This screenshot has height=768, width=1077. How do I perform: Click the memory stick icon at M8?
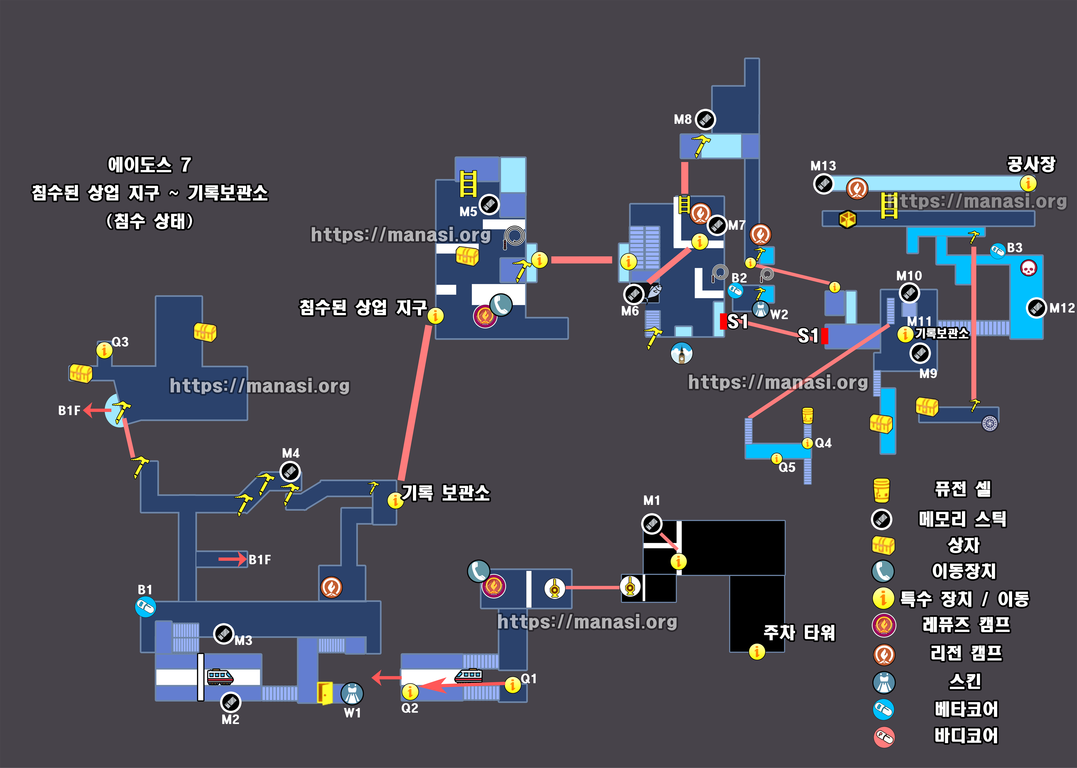(x=705, y=119)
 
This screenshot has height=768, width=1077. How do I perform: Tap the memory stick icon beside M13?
(x=823, y=183)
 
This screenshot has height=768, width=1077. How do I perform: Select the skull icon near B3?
(x=1028, y=268)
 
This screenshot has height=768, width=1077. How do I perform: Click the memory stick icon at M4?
(x=290, y=472)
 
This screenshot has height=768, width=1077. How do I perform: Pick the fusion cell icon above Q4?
(x=807, y=415)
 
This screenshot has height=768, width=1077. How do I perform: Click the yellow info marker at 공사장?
(x=1028, y=183)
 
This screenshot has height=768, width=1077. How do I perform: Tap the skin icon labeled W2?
(x=760, y=310)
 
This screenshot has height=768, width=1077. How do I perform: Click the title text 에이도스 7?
(x=149, y=165)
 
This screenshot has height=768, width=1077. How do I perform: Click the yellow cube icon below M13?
(x=847, y=219)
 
